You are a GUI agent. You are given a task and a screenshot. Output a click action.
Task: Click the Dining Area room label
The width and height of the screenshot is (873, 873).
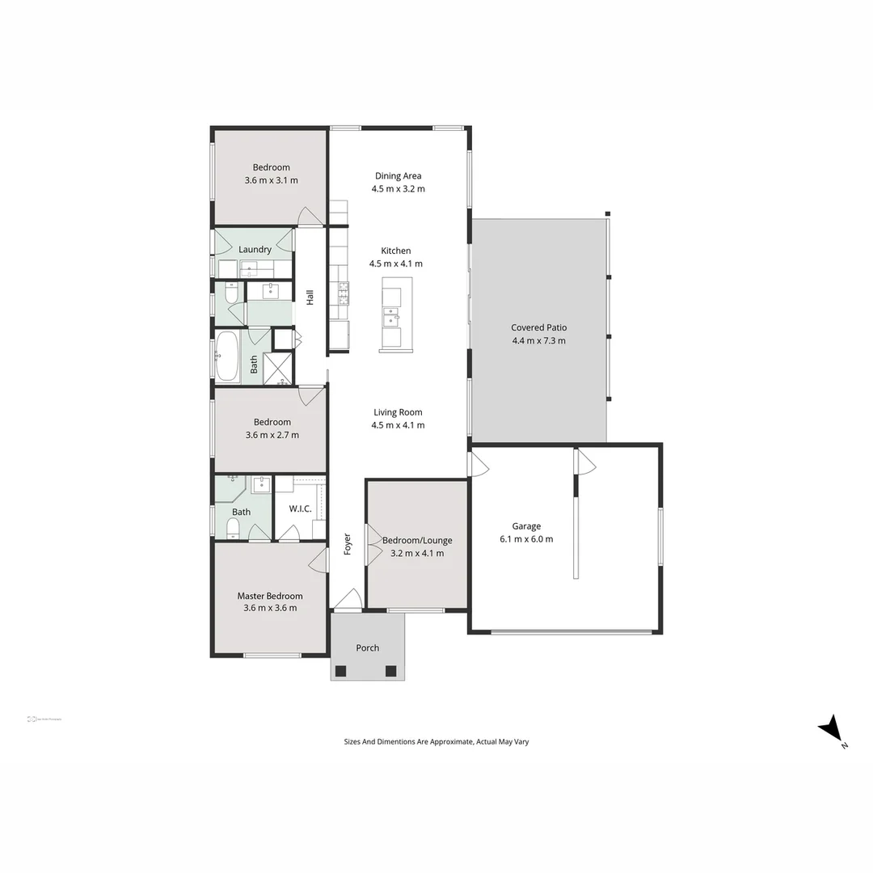pos(398,176)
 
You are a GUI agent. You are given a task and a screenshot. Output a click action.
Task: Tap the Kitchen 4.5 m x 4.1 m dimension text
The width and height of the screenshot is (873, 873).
pos(396,264)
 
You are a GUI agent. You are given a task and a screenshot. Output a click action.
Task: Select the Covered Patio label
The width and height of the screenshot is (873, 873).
pos(538,327)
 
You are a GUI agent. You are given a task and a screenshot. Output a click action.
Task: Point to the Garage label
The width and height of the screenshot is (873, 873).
pos(526,526)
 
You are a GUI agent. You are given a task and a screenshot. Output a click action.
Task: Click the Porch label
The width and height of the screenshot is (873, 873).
pos(367,647)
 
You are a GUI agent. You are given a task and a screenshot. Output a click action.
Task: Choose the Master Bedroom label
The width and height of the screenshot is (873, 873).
pos(270,596)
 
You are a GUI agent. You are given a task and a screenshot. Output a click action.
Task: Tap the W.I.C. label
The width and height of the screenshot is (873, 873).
pos(300,509)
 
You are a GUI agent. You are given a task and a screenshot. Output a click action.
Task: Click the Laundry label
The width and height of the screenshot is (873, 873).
pos(255,249)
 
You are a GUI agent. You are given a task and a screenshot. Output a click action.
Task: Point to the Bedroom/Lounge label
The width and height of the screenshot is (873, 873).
pos(417,540)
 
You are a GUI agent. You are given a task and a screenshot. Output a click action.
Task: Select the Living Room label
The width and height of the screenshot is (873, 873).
pos(398,412)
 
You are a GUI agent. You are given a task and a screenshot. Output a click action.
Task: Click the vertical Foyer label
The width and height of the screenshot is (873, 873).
pos(348,542)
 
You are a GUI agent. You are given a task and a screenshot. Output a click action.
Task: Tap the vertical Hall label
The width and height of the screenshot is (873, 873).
pos(310,297)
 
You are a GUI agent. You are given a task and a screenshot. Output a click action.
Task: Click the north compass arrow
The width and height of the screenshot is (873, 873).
pos(832,728)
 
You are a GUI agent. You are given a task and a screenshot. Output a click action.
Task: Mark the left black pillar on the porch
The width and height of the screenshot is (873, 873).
pos(340,670)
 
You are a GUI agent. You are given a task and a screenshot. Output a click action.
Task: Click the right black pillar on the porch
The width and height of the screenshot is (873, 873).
pos(391,670)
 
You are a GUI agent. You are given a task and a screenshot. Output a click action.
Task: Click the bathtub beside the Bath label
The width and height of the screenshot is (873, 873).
pos(227,356)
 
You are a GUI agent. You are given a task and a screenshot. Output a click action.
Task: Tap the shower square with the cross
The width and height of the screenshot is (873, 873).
pos(278,369)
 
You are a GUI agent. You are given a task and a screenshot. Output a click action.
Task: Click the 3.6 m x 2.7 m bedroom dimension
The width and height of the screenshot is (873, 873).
pos(272,435)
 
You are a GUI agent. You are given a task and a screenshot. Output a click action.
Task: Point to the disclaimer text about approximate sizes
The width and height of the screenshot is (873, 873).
pos(436,741)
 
